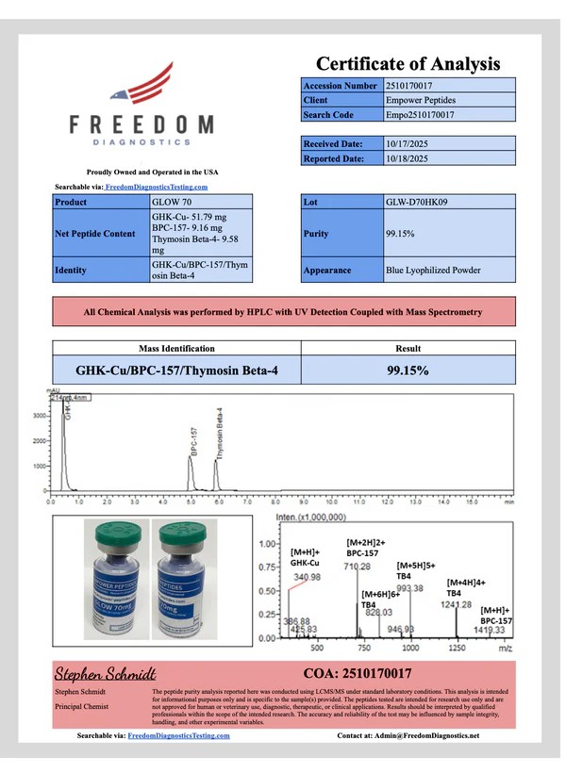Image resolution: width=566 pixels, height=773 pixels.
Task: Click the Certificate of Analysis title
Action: coord(407,63)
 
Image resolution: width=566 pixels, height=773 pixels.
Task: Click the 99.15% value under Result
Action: coord(408,370)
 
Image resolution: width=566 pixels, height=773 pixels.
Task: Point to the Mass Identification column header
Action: coord(176,348)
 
